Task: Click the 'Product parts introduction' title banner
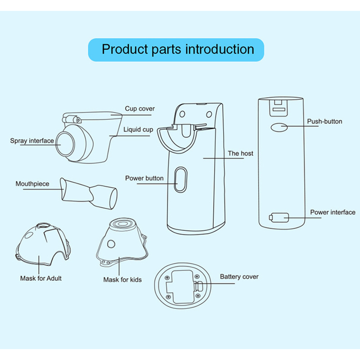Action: click(178, 49)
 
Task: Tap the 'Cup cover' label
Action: click(139, 108)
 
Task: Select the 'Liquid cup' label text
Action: click(138, 130)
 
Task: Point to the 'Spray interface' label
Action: click(32, 141)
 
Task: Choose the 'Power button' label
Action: click(144, 178)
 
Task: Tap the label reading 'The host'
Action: click(240, 153)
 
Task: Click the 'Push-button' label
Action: click(324, 121)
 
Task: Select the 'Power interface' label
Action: click(333, 212)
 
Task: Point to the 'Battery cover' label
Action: click(239, 277)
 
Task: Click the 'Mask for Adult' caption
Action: click(41, 278)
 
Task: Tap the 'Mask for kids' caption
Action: click(122, 279)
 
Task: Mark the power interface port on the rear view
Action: click(279, 218)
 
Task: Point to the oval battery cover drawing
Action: click(182, 288)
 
